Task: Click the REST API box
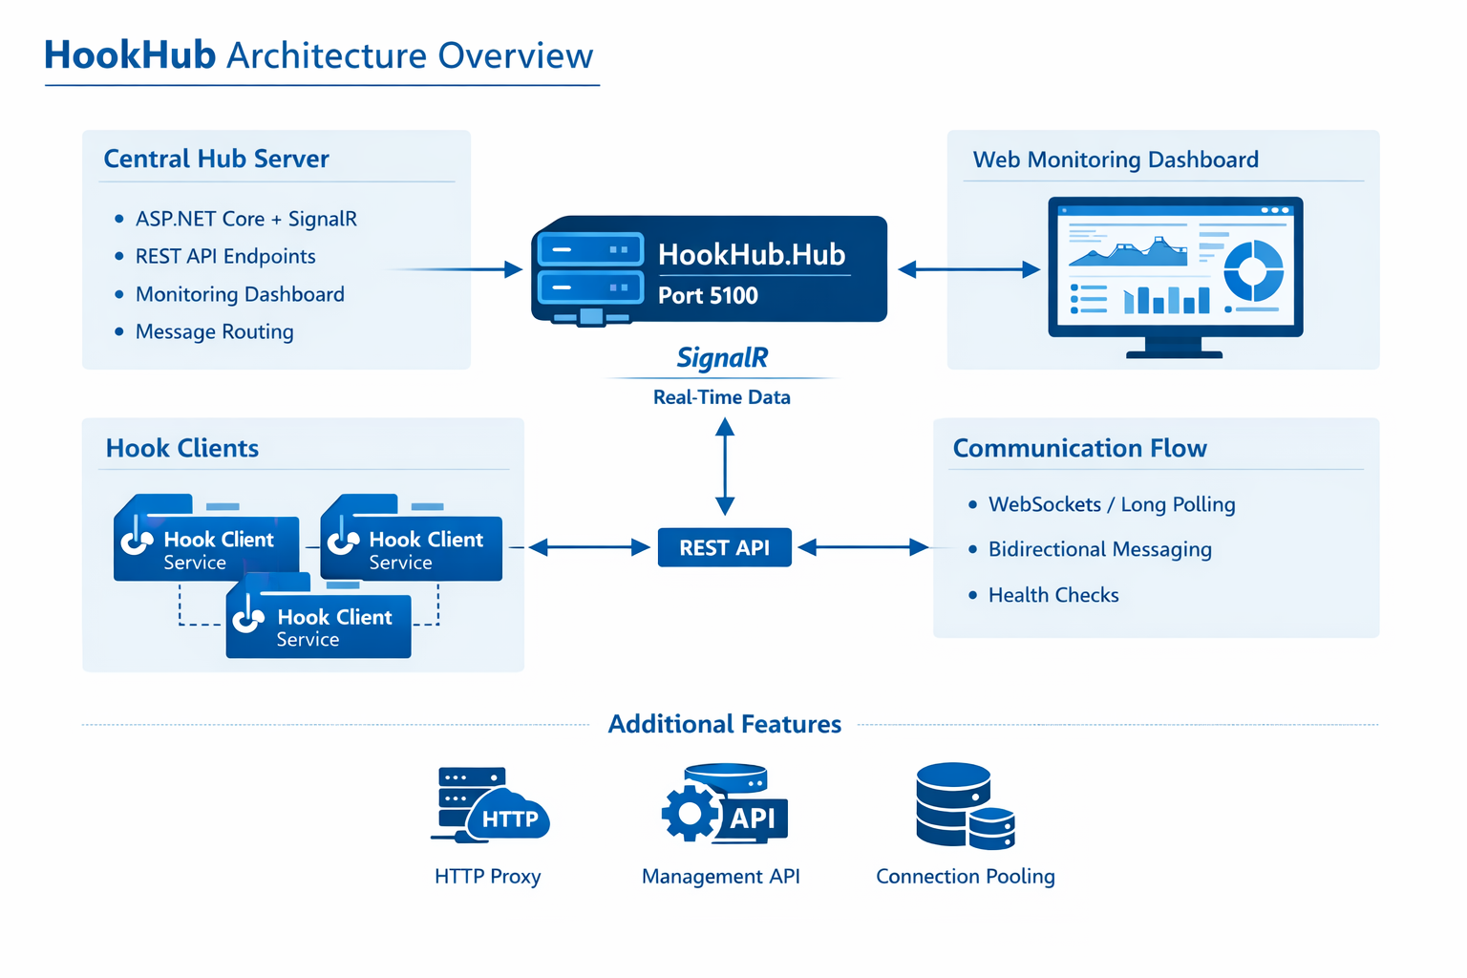coord(724,547)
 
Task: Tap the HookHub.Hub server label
coord(752,254)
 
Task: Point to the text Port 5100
coord(708,296)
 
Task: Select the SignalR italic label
coord(722,358)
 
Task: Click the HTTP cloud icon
coord(508,818)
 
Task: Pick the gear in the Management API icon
coord(690,813)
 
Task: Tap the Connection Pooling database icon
coord(963,806)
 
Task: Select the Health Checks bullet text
coord(1052,595)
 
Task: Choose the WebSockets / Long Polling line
coord(1111,504)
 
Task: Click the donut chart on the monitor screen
coord(1253,270)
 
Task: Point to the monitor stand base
coord(1174,354)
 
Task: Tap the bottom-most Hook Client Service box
coord(318,627)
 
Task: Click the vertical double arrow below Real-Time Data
coord(725,467)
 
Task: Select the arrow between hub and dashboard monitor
coord(968,269)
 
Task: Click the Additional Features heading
coord(724,724)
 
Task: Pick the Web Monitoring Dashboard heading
coord(1115,159)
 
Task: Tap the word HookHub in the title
coord(130,55)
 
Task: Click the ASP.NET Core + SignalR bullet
coord(245,219)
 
